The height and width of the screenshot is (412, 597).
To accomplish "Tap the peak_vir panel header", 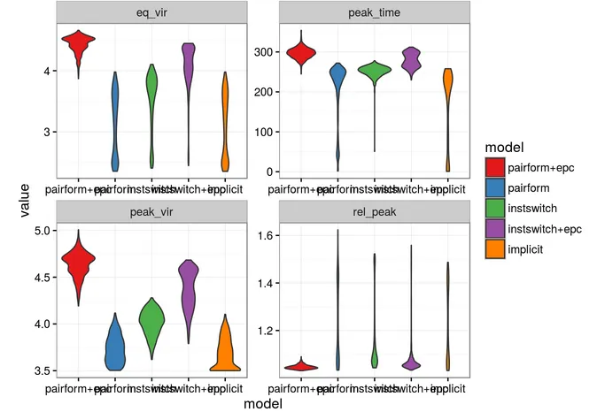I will pyautogui.click(x=150, y=211).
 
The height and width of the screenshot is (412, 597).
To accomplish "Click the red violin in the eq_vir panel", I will pyautogui.click(x=78, y=46).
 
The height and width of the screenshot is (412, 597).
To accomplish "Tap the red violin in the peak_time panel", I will pyautogui.click(x=301, y=55).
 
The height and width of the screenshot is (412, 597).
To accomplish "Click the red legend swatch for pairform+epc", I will pyautogui.click(x=494, y=164).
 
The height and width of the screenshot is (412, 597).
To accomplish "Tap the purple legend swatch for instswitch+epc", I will pyautogui.click(x=494, y=228).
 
